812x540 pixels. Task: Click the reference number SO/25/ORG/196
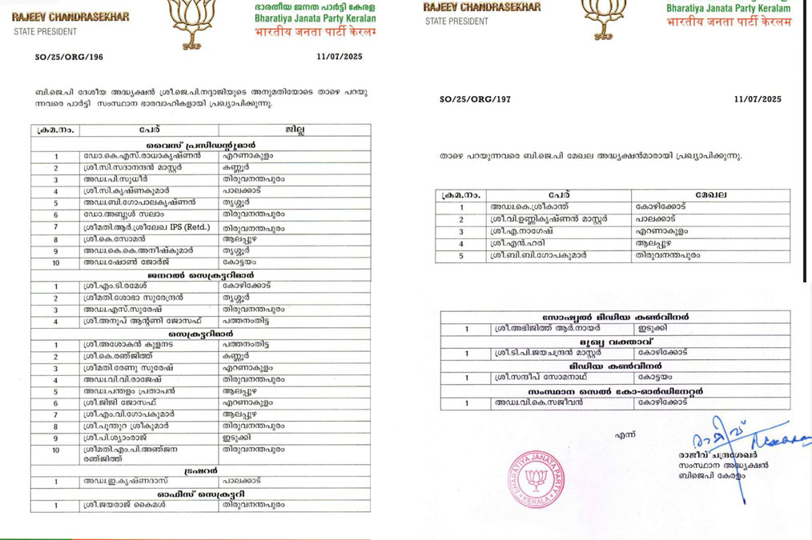[x=69, y=57]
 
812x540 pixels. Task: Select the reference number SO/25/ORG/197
[x=475, y=99]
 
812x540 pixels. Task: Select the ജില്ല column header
[x=294, y=130]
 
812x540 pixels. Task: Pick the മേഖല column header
[x=710, y=195]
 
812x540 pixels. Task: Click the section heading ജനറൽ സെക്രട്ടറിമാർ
[x=201, y=274]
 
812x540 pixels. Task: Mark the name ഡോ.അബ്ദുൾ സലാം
[x=119, y=215]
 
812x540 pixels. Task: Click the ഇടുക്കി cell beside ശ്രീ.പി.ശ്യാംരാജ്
[x=236, y=438]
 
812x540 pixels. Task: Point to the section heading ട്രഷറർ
[x=201, y=470]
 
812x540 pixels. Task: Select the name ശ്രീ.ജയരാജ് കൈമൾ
[x=123, y=505]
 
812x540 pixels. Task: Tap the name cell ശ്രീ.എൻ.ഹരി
[x=513, y=243]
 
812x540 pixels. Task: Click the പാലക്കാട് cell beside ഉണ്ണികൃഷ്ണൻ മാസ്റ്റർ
[x=655, y=219]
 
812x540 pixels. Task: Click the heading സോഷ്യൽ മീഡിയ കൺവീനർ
[x=614, y=317]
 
